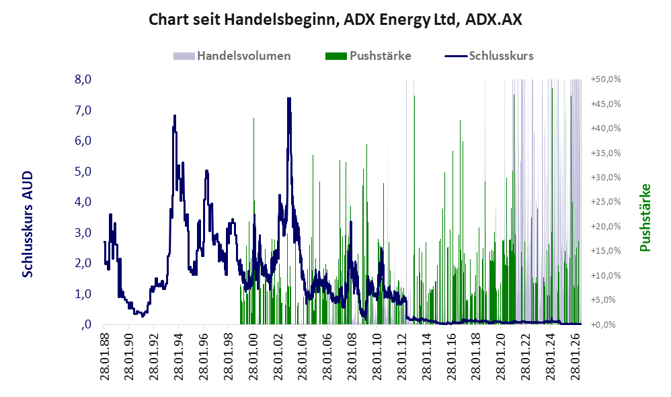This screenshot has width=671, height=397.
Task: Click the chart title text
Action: pos(335,20)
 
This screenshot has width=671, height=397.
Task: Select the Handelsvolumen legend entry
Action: pos(232,56)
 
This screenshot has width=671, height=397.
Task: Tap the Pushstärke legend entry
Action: pos(368,56)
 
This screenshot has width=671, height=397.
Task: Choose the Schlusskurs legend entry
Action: pos(489,56)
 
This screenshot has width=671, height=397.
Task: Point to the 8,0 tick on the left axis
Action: pos(83,79)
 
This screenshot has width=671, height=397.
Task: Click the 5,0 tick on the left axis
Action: pos(83,172)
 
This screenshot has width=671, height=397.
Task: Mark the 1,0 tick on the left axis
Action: pos(83,294)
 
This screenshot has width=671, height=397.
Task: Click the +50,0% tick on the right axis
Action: pos(606,79)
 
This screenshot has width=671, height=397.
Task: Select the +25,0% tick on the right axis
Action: pos(606,202)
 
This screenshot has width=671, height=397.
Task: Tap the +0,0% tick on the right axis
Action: pos(606,324)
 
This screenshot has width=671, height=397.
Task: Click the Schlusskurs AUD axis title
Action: pos(28,224)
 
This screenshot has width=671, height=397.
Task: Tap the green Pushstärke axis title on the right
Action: pos(645,217)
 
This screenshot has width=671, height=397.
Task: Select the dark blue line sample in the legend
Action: pos(456,56)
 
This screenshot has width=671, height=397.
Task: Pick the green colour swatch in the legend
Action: pos(336,56)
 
